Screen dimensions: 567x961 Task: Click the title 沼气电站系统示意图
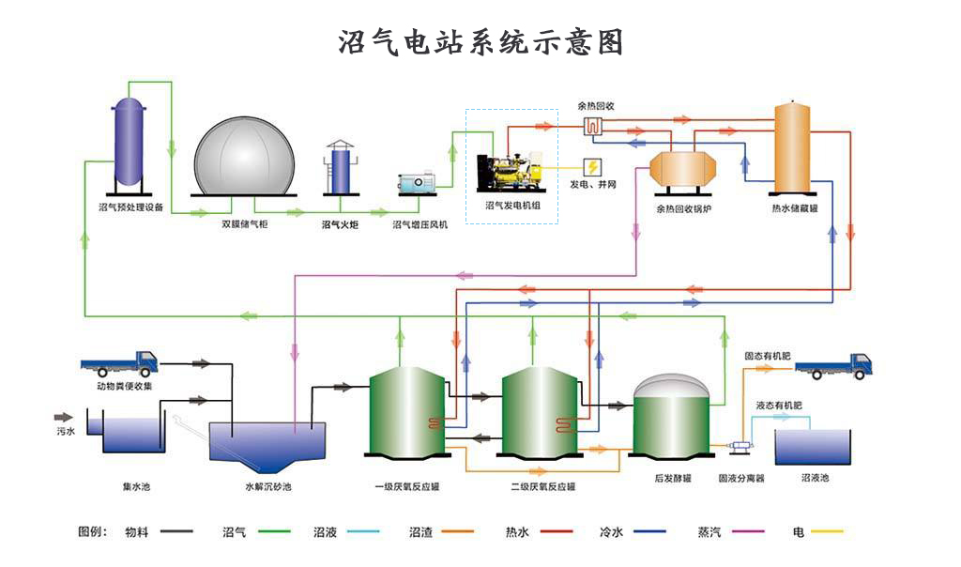[x=480, y=42]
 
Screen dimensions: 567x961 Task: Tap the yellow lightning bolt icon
[x=593, y=167]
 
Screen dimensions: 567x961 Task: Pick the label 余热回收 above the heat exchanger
[x=595, y=106]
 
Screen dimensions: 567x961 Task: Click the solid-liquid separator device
[x=741, y=450]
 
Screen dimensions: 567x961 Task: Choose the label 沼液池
[x=815, y=478]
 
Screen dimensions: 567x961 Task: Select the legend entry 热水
[x=517, y=532]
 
